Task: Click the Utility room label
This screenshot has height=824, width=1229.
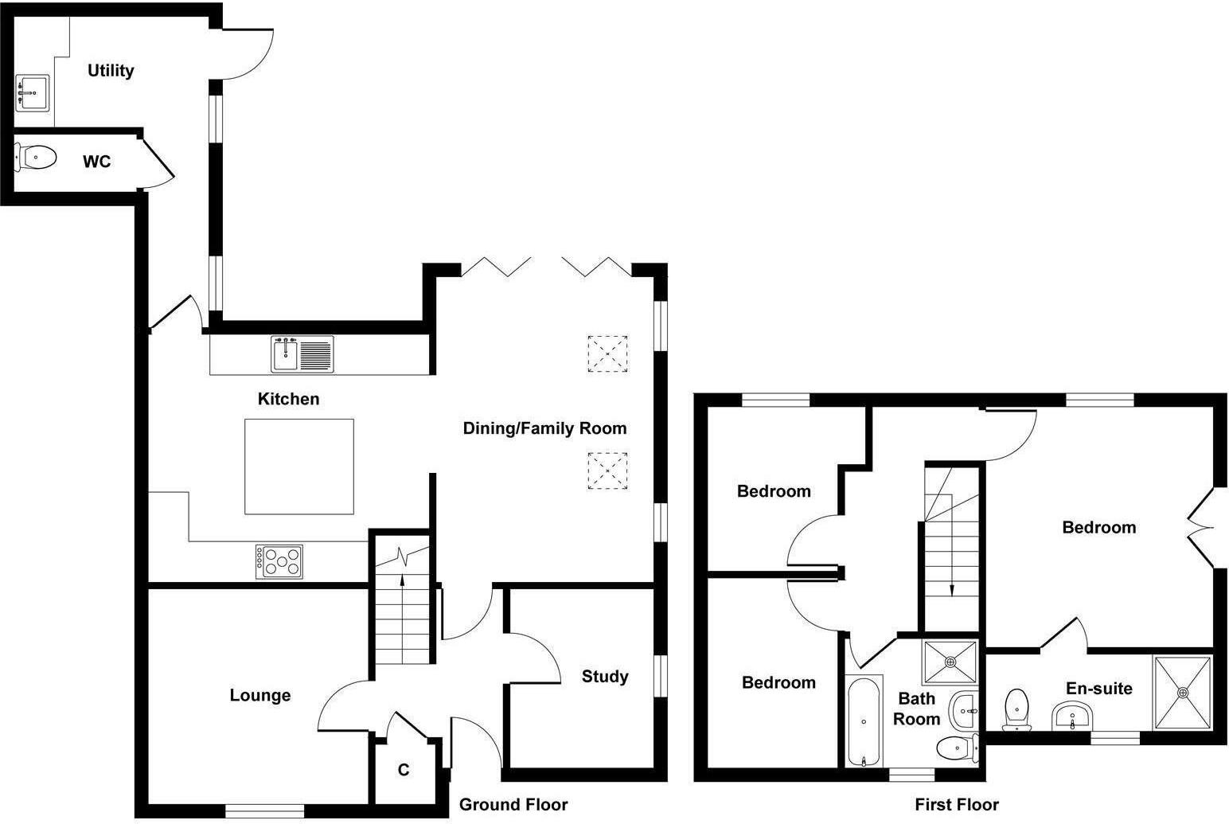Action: coord(111,71)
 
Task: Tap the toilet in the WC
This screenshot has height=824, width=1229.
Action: coord(37,158)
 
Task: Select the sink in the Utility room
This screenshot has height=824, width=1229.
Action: coord(32,92)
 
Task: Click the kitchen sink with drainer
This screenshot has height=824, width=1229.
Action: coord(303,354)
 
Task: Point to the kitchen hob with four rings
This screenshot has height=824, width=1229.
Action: coord(279,561)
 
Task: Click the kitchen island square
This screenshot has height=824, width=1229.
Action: coord(298,467)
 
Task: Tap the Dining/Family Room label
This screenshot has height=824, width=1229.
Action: coord(544,429)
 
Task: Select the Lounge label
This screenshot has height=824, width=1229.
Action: coord(259,696)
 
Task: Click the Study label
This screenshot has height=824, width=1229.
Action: coord(605,677)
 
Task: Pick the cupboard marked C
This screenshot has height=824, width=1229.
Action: coord(404,771)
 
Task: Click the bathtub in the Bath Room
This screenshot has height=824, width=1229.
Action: coord(864,721)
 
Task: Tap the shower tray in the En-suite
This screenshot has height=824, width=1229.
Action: coord(1183,692)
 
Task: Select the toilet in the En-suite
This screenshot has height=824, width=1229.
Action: coord(1016,710)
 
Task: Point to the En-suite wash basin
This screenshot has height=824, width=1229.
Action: coord(1072,717)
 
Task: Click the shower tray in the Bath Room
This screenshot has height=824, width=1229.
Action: coord(950,661)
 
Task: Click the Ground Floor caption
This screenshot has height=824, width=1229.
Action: coord(513,805)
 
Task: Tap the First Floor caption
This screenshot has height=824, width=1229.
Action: coord(956,805)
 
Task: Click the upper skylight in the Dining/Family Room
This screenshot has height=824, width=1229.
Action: coord(608,353)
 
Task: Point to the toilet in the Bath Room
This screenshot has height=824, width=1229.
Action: coord(956,748)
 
